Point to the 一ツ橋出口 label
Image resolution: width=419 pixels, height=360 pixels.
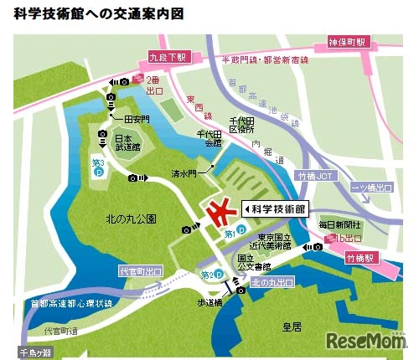point(372,186)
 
